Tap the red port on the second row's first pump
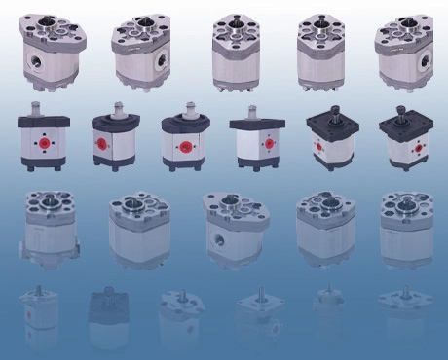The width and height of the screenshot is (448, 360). (x=43, y=143)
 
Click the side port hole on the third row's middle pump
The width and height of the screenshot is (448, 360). (x=216, y=236)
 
